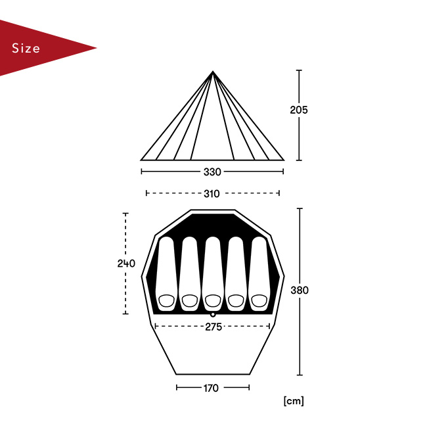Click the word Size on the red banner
[x=26, y=48]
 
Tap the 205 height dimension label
[x=299, y=110]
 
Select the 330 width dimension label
[x=212, y=172]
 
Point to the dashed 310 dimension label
[x=212, y=194]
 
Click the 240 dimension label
[x=126, y=264]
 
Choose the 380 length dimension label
[x=300, y=290]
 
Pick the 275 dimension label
[x=213, y=327]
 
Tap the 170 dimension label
[x=211, y=388]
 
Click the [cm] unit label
[x=294, y=401]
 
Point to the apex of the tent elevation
[x=212, y=71]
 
